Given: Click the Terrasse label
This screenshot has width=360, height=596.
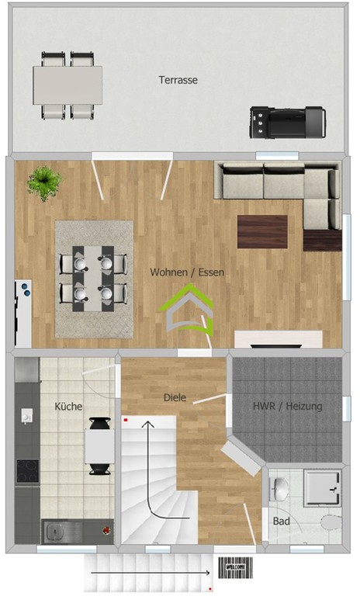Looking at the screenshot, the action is pos(178,80).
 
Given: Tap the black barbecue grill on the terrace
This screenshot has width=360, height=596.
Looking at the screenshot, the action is pos(287,122).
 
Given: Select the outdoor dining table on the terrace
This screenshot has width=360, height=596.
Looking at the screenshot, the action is pos(67,85).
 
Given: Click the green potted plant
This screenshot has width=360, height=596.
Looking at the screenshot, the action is pos(44,183).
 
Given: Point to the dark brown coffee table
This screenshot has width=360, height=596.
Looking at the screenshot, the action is pos(262,231).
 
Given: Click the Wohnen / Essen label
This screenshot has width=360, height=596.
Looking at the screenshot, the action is pos(187,272).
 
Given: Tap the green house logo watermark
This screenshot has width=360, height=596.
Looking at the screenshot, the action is pos(186,310).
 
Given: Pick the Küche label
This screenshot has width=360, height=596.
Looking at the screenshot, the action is pos(68,407).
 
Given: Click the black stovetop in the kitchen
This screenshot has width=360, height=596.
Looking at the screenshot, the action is pos(27,471).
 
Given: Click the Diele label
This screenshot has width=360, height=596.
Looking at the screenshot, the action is pos(175,397).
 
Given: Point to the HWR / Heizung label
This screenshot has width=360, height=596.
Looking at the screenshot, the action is pos(287,406).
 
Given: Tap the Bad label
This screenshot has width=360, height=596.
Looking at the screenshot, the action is pos(282,521).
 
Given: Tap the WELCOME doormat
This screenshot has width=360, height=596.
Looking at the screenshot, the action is pos(236,567).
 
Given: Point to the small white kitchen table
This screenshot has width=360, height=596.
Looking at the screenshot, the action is pos(99,446).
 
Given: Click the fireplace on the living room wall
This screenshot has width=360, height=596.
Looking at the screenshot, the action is pos(279,339).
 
